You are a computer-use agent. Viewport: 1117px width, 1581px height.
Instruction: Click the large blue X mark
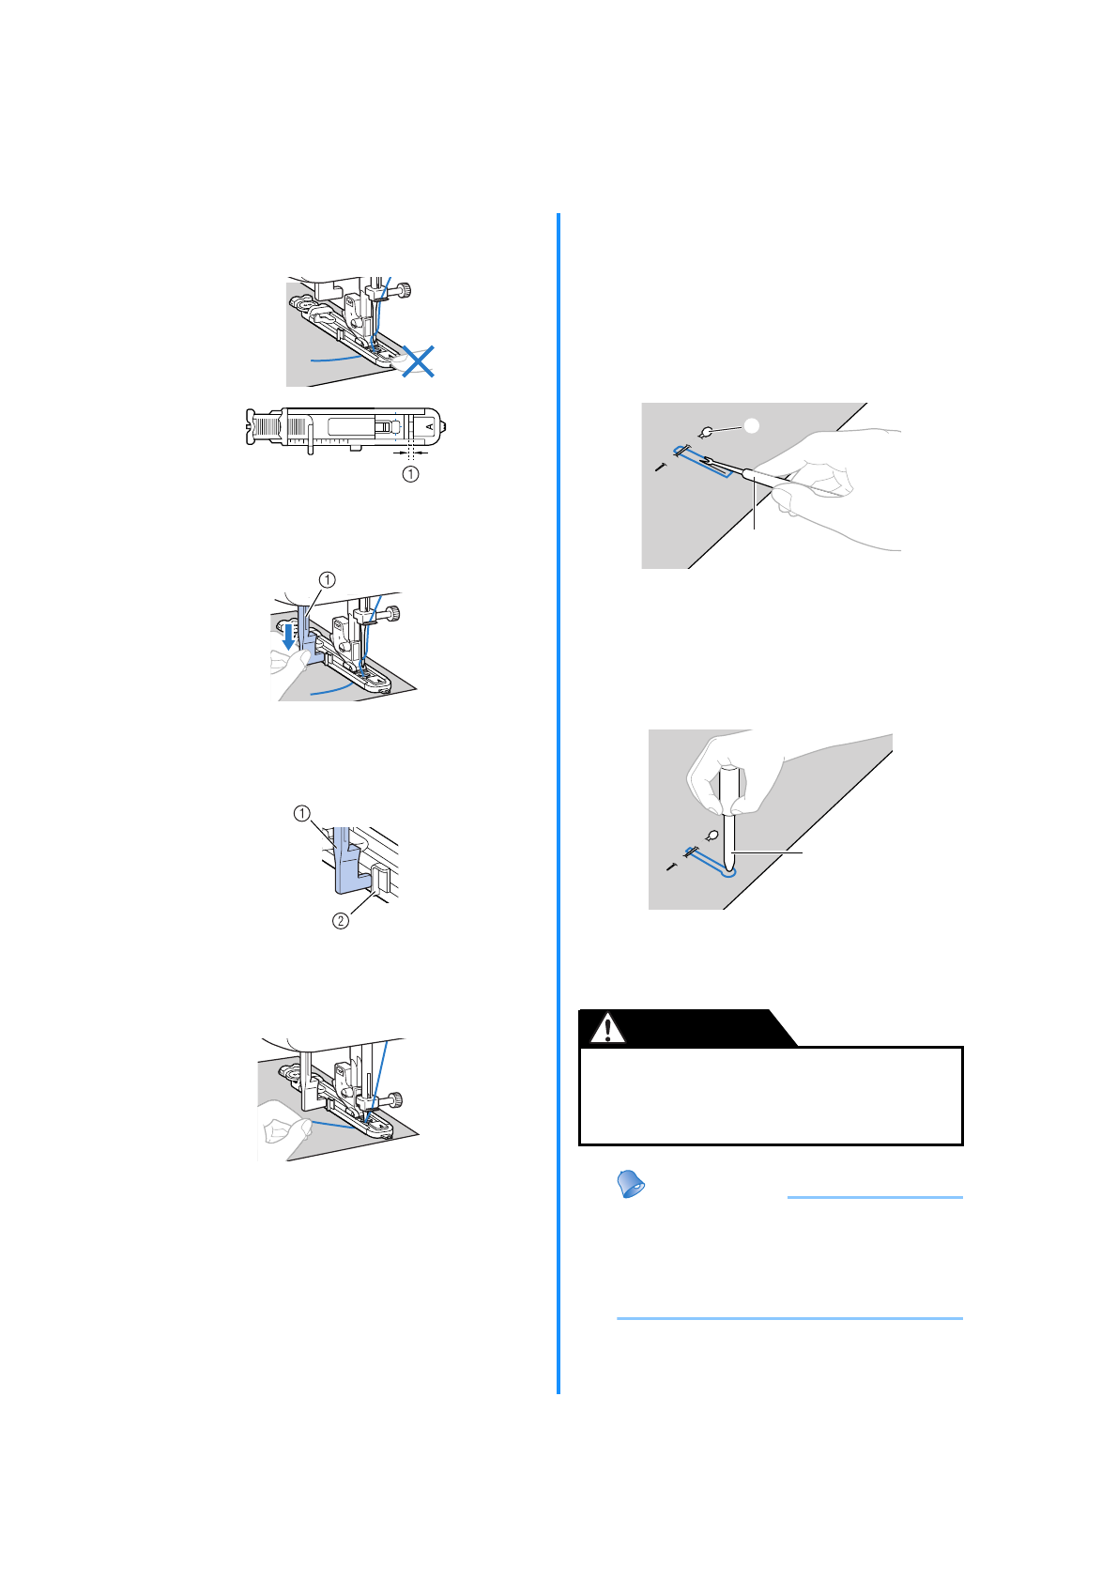point(418,361)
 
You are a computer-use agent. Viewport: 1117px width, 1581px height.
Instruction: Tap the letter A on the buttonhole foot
point(430,427)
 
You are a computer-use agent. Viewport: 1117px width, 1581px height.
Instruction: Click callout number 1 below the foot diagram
point(410,474)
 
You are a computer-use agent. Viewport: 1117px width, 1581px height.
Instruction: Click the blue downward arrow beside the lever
point(289,638)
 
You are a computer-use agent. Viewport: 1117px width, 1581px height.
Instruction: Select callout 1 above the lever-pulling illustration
point(327,579)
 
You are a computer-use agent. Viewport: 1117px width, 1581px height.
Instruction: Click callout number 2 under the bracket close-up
point(341,921)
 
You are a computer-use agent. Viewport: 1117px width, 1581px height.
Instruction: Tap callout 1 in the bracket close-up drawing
point(302,813)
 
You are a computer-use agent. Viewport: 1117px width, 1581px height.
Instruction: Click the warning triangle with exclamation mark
point(608,1029)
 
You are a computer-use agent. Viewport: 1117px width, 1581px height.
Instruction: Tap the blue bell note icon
point(631,1185)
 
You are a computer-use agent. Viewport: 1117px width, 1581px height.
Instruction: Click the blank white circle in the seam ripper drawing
point(751,425)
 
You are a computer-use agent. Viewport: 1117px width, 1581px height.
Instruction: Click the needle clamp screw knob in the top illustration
point(406,290)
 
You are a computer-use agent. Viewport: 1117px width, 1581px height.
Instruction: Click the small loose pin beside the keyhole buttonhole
point(672,866)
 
